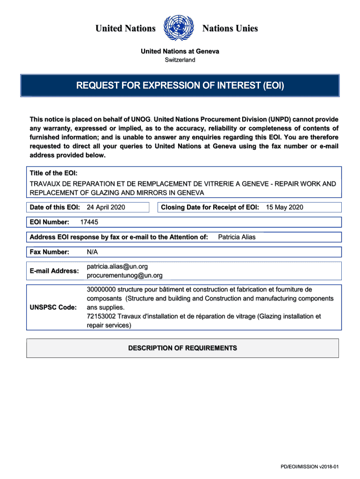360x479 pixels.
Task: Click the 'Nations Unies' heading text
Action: (230, 29)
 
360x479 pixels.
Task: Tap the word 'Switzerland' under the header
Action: (180, 60)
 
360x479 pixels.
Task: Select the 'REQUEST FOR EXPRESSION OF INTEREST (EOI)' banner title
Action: (180, 86)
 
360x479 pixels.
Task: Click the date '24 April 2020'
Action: (106, 207)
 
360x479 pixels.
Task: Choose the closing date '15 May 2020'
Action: (285, 207)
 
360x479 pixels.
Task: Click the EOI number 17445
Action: (89, 222)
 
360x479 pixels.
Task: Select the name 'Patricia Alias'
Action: (237, 237)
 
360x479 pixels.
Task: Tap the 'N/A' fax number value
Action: (93, 252)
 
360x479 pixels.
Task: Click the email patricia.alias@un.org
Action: (117, 266)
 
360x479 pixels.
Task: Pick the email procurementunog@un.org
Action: (125, 276)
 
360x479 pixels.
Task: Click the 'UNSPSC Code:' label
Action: (53, 307)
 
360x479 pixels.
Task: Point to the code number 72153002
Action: (101, 316)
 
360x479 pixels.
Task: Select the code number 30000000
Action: (101, 290)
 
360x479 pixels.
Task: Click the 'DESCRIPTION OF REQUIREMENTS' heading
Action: (182, 348)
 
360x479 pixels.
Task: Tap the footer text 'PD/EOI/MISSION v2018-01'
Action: (312, 467)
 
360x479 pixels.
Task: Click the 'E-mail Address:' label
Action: (54, 271)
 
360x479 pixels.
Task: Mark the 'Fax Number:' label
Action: (50, 252)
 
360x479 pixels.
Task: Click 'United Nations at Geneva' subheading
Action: (180, 51)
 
